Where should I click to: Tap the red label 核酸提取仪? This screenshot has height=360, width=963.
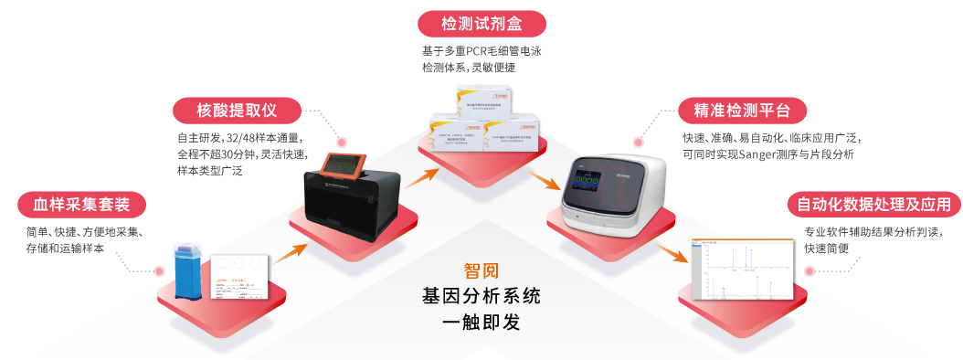(236, 111)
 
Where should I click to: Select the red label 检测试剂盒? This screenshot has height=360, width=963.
(481, 23)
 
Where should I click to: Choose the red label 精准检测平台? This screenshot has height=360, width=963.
(742, 111)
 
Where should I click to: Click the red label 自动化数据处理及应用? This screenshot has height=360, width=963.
(873, 203)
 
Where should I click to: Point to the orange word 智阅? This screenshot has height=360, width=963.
(481, 271)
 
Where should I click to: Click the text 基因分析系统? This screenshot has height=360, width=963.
(481, 296)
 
